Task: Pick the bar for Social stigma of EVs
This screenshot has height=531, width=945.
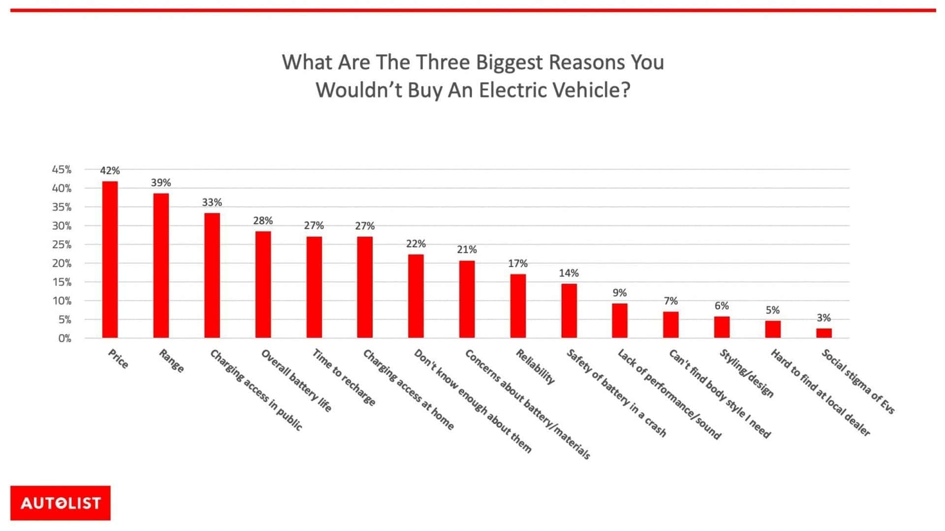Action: (824, 333)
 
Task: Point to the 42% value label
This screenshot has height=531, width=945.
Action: (110, 171)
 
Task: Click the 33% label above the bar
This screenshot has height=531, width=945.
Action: (212, 202)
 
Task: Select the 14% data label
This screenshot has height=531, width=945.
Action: (568, 273)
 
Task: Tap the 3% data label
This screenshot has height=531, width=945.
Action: (823, 318)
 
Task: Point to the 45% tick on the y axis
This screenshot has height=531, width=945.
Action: (62, 170)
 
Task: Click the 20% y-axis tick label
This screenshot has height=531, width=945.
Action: (62, 264)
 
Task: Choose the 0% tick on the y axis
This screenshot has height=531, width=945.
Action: (64, 338)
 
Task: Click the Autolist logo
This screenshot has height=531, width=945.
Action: (61, 503)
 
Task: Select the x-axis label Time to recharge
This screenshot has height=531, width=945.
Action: (344, 378)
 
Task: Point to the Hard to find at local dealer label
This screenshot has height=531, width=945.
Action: (820, 392)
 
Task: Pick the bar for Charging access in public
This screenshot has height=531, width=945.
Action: (212, 275)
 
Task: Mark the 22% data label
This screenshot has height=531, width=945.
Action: (416, 244)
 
